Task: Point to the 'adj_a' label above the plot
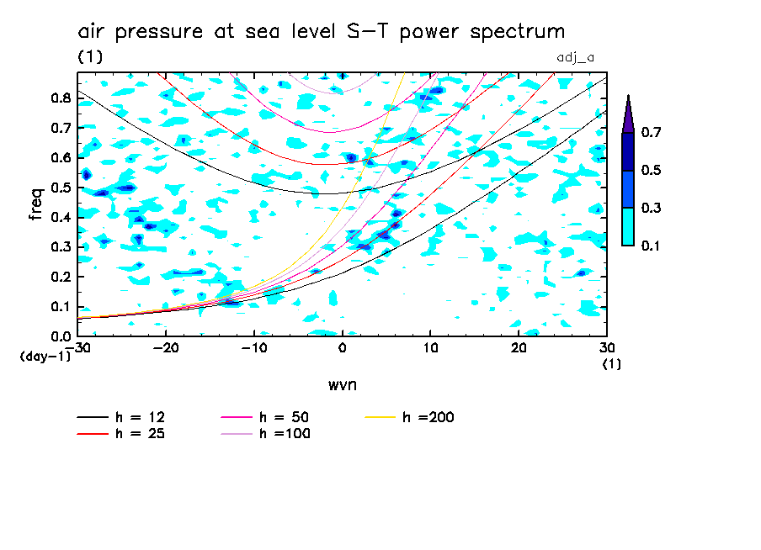coord(576,57)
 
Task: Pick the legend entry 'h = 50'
coord(287,417)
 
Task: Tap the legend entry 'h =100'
coord(287,434)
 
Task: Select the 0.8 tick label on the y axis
coord(61,98)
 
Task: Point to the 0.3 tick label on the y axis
coord(61,246)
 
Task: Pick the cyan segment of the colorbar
coord(628,226)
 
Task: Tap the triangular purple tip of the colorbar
coord(628,113)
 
